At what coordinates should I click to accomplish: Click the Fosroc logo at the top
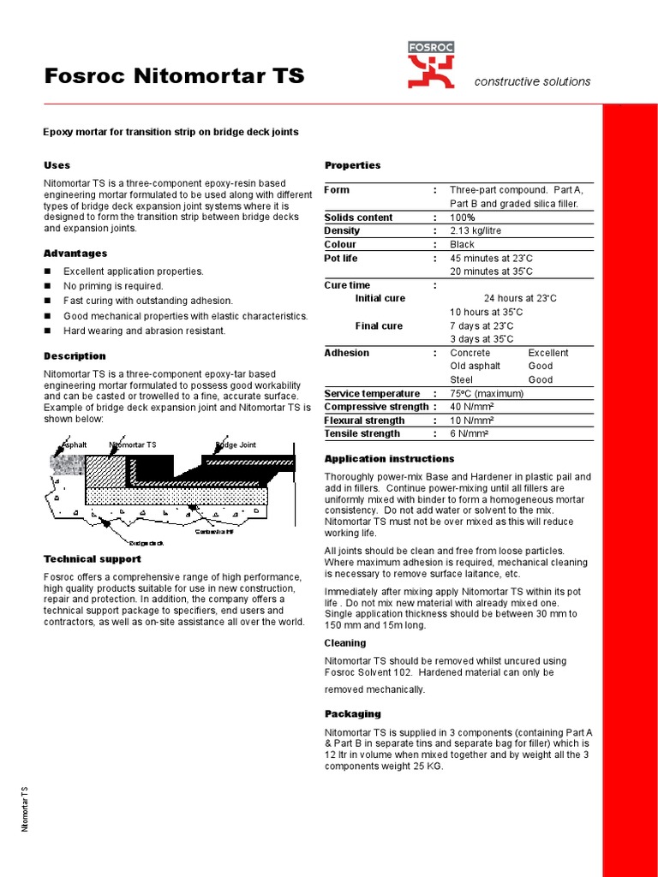tap(431, 65)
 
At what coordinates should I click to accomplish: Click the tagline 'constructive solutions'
tap(532, 81)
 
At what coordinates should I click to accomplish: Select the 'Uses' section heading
tap(57, 165)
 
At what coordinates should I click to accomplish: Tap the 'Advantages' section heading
tap(75, 254)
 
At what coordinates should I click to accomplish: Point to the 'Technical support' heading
tap(93, 559)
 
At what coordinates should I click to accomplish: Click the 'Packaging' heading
tap(352, 713)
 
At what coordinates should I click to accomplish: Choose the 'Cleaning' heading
tap(344, 643)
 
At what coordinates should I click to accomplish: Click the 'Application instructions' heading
tap(389, 459)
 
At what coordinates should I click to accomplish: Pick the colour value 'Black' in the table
tap(462, 245)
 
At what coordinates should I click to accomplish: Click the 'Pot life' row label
tap(341, 259)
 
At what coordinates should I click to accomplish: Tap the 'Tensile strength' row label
tap(362, 434)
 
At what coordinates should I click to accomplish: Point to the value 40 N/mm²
tap(470, 407)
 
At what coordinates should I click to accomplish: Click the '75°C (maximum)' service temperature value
tap(487, 394)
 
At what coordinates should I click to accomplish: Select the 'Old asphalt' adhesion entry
tap(476, 367)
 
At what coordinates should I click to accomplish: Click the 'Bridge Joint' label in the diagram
tap(236, 445)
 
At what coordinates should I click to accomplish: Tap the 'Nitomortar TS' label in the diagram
tap(133, 445)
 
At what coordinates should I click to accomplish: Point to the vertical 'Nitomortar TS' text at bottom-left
tap(25, 808)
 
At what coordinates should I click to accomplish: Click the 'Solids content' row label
tap(358, 218)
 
